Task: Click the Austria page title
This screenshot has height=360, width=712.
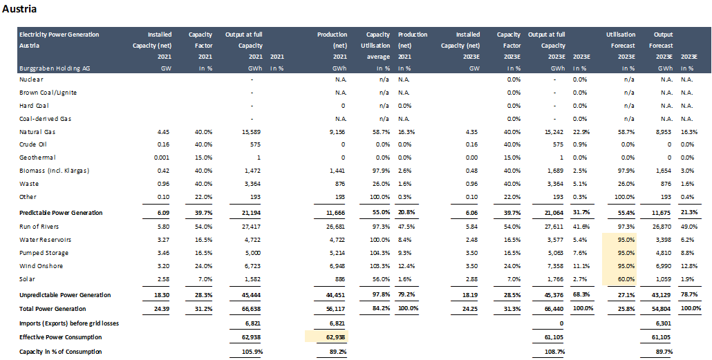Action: coord(20,10)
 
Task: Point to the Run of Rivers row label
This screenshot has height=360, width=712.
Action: coord(38,227)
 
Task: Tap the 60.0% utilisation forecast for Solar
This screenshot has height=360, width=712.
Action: coord(626,278)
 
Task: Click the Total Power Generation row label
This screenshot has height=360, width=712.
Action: coord(53,308)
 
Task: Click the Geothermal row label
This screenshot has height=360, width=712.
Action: coord(35,158)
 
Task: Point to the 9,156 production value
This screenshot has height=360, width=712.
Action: coord(336,131)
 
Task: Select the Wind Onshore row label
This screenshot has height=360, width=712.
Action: coord(40,265)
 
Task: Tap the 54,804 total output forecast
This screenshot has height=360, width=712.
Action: coord(662,308)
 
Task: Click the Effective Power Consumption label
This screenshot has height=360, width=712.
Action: coord(60,337)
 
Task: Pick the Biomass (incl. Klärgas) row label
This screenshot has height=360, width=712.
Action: coord(55,171)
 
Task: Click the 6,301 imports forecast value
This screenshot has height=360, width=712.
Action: coord(663,322)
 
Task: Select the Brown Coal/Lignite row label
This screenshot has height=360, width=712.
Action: coord(48,93)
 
